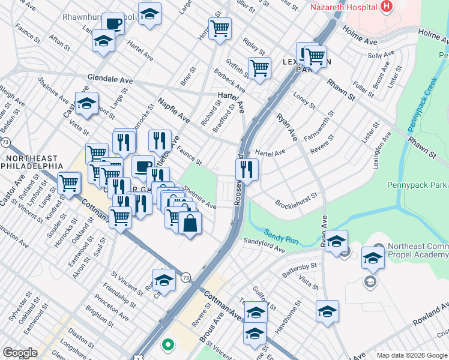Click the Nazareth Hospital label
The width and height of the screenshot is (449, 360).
[x=343, y=7]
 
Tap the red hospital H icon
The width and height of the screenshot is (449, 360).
[x=386, y=7]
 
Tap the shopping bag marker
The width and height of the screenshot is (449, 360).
[x=190, y=223]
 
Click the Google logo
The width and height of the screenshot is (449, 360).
[x=20, y=353]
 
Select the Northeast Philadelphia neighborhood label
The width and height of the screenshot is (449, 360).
[x=33, y=161]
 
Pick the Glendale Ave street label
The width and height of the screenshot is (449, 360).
[x=110, y=79]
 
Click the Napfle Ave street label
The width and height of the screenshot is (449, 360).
[x=173, y=112]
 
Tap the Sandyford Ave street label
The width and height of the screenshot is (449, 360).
[x=264, y=244]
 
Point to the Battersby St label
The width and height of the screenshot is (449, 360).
[x=299, y=269]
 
